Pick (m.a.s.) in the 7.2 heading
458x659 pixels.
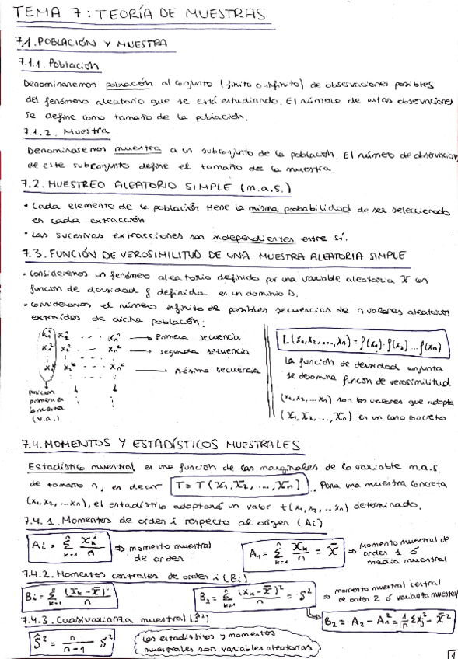[264, 187]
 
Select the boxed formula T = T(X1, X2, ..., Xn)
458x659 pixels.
[246, 483]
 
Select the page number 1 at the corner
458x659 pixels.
[452, 653]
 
